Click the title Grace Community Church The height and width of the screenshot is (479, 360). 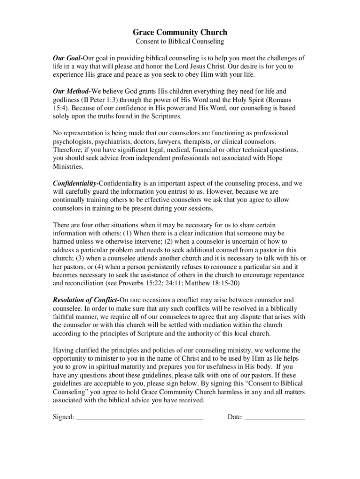coord(180,32)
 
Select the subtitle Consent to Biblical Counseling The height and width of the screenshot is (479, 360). coord(180,42)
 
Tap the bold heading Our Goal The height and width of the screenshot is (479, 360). coord(67,58)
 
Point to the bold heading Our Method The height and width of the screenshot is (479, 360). coord(72,91)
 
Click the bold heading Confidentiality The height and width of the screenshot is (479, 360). coord(75,183)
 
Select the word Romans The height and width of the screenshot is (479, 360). coord(293,100)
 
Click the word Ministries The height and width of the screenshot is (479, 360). coord(68,167)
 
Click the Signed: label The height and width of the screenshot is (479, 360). coord(64,417)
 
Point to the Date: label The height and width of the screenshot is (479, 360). coord(235,417)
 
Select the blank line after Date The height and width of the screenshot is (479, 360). coord(274,418)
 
